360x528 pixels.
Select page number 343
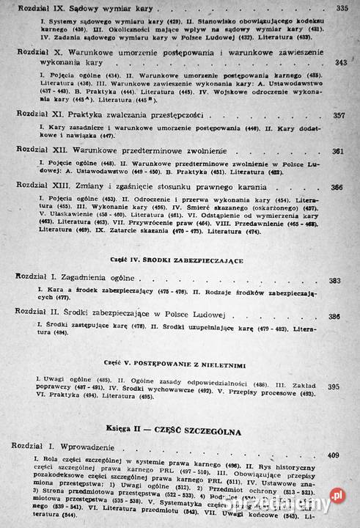tap(340, 63)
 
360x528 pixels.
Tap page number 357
tap(339, 115)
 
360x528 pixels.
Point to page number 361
tap(338, 152)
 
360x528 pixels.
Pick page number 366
tap(337, 188)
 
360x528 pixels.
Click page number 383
tap(334, 281)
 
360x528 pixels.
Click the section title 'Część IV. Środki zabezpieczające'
tap(173, 261)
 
